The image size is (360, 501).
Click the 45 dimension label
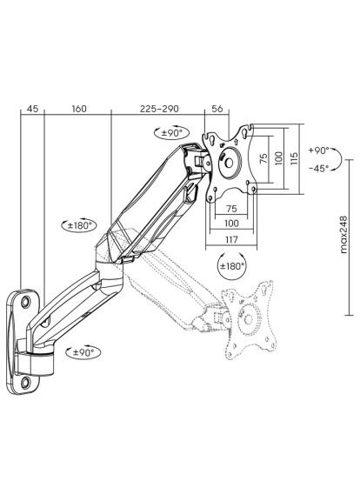[32, 109]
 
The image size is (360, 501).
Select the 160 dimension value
[79, 109]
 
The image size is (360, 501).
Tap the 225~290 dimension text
[159, 109]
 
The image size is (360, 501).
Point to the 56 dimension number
[217, 109]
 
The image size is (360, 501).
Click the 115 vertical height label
[294, 158]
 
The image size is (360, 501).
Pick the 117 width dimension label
[231, 239]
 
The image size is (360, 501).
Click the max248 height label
[343, 235]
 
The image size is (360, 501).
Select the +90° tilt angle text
[318, 150]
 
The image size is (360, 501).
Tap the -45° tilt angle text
[318, 169]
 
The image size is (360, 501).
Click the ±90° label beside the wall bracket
[83, 352]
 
